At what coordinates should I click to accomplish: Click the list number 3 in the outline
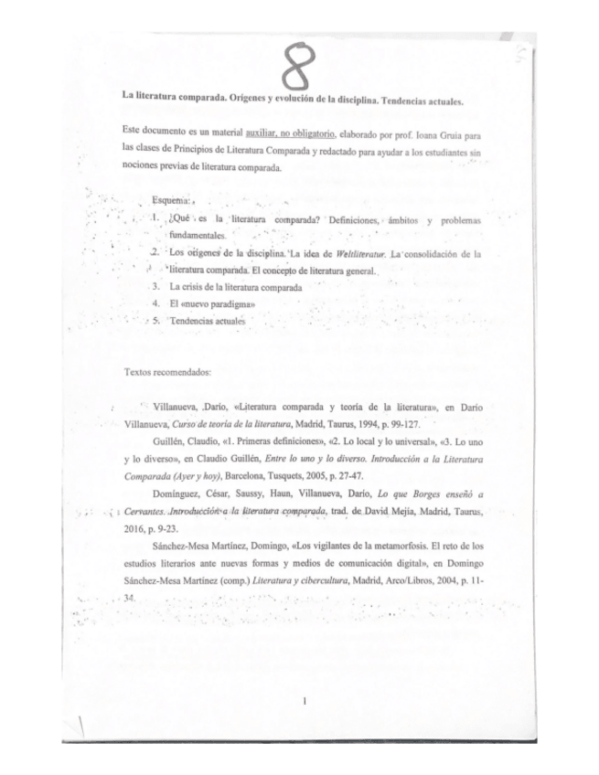(x=157, y=286)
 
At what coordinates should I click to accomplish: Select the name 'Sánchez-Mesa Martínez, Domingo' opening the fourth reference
(x=219, y=546)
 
